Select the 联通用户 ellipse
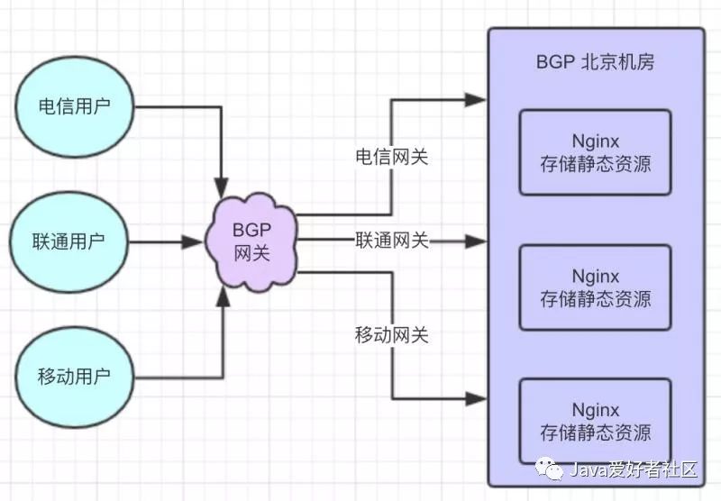click(68, 241)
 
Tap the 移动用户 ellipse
click(74, 375)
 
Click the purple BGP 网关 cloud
click(251, 241)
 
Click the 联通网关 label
click(391, 241)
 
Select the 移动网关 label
click(391, 335)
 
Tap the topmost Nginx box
click(595, 152)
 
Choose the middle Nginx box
click(595, 286)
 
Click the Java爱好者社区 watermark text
click(632, 469)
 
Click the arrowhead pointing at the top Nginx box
click(476, 100)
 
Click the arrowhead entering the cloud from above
click(222, 190)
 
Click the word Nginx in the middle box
click(595, 274)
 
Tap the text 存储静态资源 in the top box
click(595, 165)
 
